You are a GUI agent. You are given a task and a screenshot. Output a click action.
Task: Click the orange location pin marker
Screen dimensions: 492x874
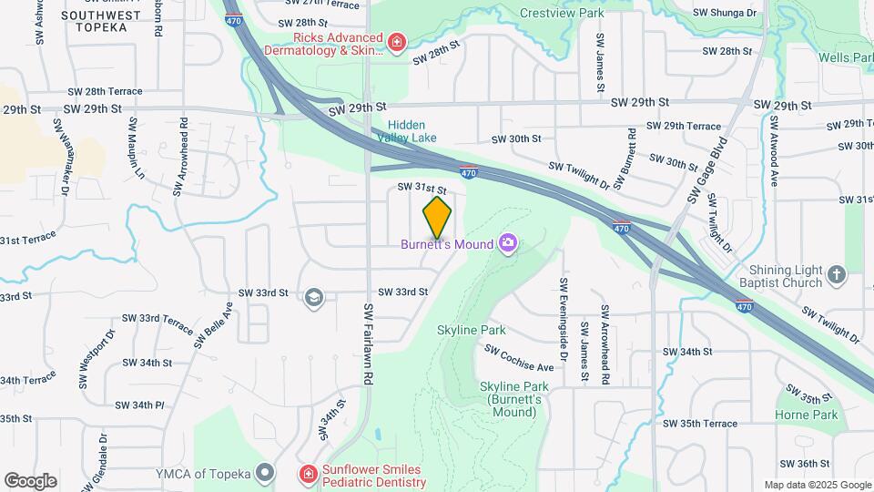pyautogui.click(x=438, y=217)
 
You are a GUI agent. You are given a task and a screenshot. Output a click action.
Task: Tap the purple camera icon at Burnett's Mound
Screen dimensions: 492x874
pyautogui.click(x=508, y=243)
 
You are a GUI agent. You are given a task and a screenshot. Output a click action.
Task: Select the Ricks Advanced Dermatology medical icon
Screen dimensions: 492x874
pyautogui.click(x=396, y=42)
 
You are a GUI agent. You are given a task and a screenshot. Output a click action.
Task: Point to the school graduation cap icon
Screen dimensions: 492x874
pyautogui.click(x=313, y=297)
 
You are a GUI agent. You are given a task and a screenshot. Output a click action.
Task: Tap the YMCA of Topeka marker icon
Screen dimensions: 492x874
pyautogui.click(x=265, y=472)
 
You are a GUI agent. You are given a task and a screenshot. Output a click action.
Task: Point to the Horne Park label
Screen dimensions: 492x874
pyautogui.click(x=813, y=415)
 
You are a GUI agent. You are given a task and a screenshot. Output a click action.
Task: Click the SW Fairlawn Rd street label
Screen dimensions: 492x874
pyautogui.click(x=369, y=343)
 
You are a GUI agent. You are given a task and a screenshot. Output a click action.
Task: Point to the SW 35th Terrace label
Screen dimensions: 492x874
pyautogui.click(x=699, y=424)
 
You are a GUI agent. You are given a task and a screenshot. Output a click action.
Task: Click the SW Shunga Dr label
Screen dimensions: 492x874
pyautogui.click(x=725, y=13)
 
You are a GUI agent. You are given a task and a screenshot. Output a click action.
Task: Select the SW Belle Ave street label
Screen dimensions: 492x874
pyautogui.click(x=213, y=325)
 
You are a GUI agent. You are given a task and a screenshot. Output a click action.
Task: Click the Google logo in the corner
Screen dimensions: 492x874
pyautogui.click(x=30, y=480)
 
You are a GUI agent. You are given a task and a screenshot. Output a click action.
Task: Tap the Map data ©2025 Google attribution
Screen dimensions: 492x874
pyautogui.click(x=817, y=485)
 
